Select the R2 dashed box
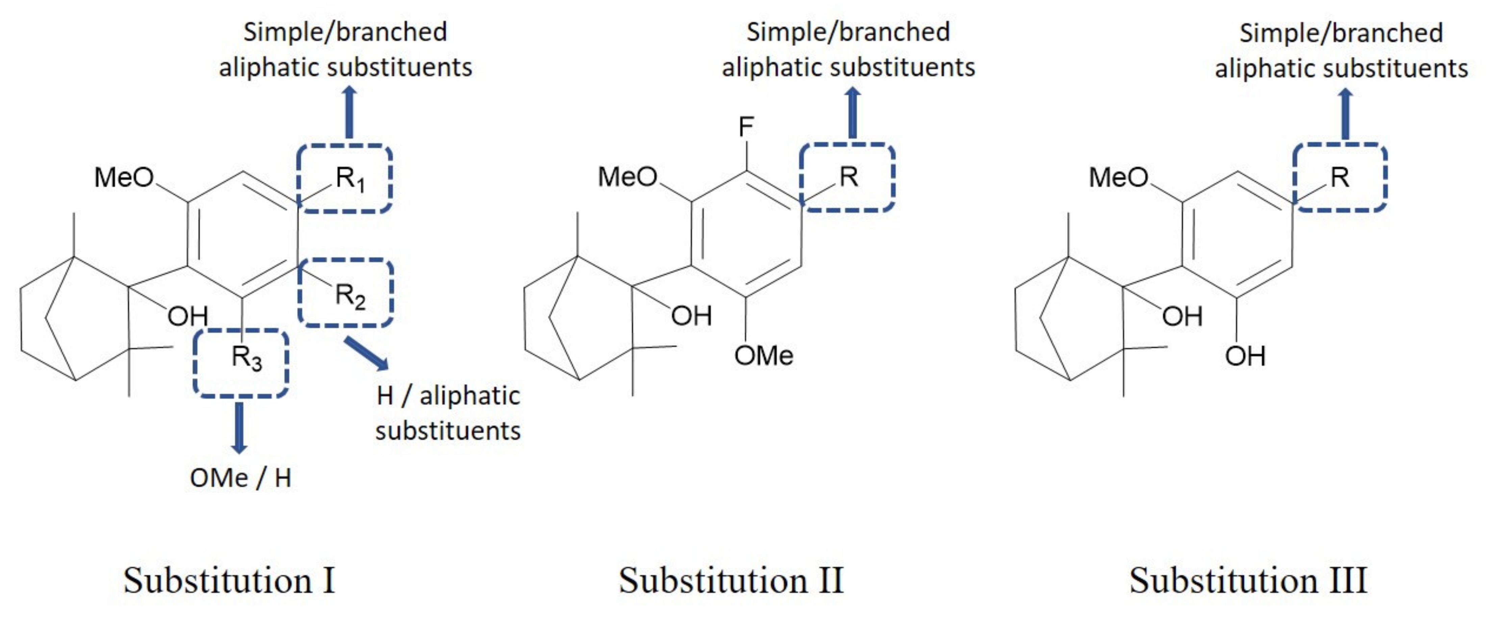point(346,293)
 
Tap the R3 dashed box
point(241,363)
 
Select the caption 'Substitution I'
point(229,580)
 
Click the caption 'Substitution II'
point(731,580)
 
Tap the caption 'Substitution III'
point(1248,580)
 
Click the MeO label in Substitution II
point(627,177)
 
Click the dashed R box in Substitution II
point(848,177)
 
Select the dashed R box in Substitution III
point(1340,177)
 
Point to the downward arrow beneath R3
point(239,428)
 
